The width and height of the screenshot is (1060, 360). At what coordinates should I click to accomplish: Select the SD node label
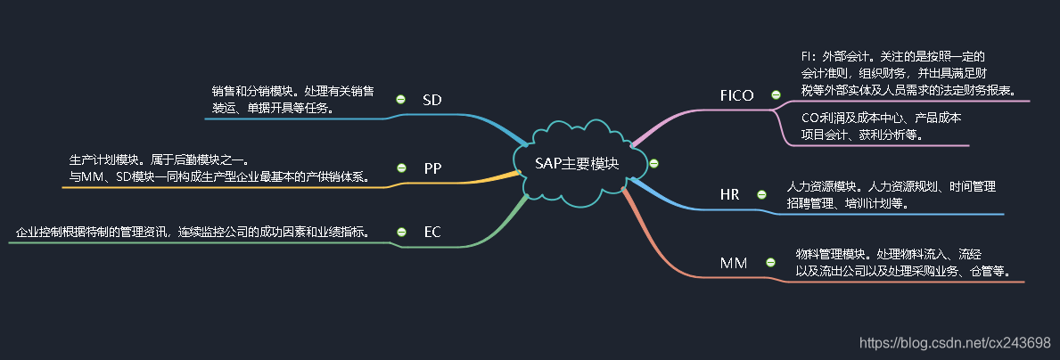coord(432,99)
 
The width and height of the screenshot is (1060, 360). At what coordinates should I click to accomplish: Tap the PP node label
coord(432,168)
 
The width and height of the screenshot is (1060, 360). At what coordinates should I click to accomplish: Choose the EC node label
coord(432,233)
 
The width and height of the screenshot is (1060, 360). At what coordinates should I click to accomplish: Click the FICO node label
coord(736,95)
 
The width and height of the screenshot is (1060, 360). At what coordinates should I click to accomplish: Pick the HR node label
coord(729,194)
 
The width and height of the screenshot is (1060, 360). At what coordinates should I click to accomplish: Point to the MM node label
coord(734,263)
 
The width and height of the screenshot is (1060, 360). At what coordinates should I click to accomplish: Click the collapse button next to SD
coord(400,99)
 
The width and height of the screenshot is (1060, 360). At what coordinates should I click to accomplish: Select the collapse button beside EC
coord(400,233)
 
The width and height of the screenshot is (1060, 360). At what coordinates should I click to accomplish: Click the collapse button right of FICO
coord(776,94)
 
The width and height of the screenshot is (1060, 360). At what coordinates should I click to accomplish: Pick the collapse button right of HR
coord(761,194)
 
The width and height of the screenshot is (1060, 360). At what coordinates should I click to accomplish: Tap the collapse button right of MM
coord(767,262)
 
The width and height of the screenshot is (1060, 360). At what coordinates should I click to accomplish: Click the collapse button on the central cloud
coord(654,162)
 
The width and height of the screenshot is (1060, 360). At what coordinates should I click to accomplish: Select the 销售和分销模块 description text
coord(292,100)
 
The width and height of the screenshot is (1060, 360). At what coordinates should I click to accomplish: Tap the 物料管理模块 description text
coord(902,262)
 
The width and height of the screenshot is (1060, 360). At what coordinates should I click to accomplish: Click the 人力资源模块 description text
coord(890,194)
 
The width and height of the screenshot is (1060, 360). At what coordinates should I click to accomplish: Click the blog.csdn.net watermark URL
coord(953,342)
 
